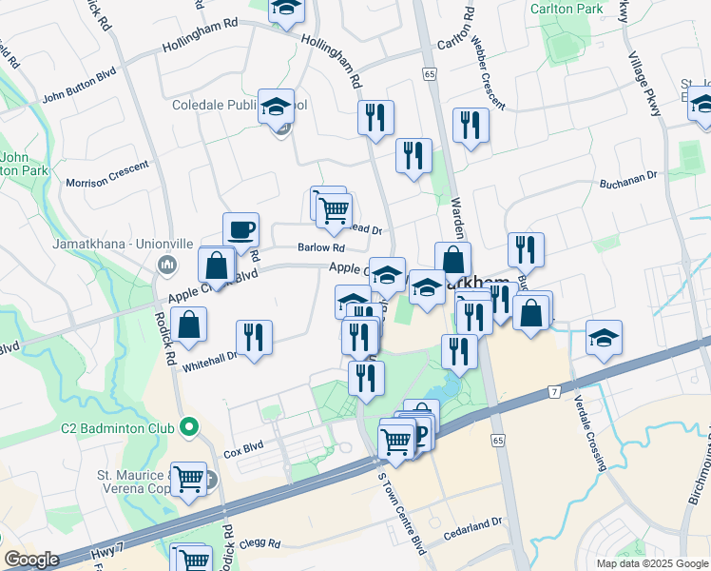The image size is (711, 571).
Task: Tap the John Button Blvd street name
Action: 80,96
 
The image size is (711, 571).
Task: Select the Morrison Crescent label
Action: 106,173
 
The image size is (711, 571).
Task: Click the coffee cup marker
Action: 240,229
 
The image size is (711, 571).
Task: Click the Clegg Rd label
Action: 260,543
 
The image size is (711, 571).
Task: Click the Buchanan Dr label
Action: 628,176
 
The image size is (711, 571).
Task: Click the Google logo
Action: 31,559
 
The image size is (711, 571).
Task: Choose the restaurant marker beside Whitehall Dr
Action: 254,338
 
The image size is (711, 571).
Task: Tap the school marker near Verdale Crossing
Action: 604,339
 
